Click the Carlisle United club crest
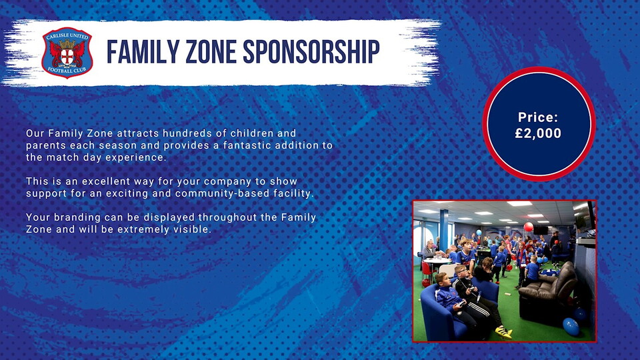67,53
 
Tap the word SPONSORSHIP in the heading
311,52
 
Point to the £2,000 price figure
538,133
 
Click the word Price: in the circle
538,117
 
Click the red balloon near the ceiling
528,227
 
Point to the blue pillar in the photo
444,231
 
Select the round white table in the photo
437,261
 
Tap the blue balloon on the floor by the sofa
571,327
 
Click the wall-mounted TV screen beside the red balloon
541,230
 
